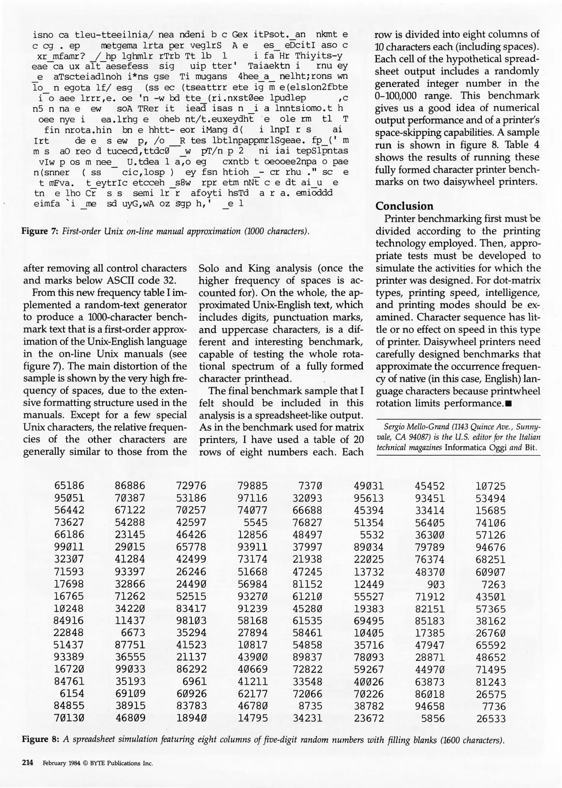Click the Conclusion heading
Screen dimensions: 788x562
(x=404, y=206)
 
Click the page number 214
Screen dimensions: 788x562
(x=28, y=762)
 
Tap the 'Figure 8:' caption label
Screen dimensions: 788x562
(x=40, y=739)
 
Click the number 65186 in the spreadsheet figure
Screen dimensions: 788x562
(x=69, y=486)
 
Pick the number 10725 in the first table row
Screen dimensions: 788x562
(x=491, y=486)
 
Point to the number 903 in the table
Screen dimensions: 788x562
(x=436, y=584)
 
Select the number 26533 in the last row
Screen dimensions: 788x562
(x=491, y=719)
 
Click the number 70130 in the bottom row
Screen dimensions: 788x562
(x=69, y=718)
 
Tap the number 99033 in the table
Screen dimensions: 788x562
(x=130, y=669)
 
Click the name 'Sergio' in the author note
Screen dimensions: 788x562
(x=394, y=427)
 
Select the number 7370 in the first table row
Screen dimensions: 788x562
(x=310, y=486)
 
